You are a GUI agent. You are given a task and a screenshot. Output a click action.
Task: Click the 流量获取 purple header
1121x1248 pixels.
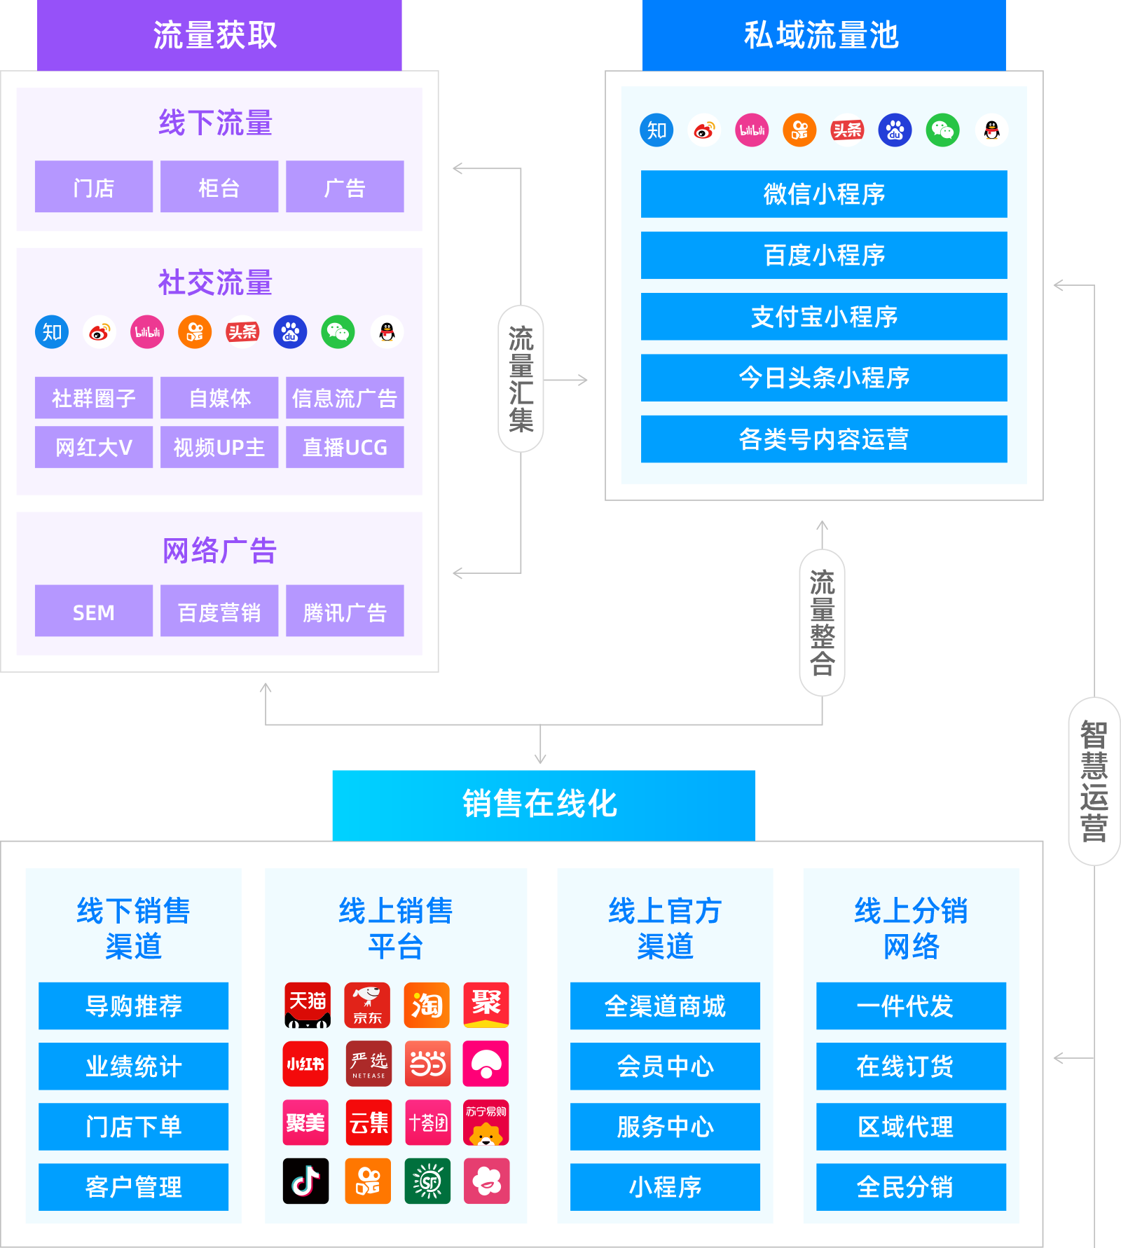pyautogui.click(x=219, y=35)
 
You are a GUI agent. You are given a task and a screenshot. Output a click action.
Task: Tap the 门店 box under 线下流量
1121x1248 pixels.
pyautogui.click(x=94, y=187)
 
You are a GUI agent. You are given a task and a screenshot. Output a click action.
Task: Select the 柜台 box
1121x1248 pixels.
pyautogui.click(x=219, y=187)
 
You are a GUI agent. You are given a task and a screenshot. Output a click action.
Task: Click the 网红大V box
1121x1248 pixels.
pyautogui.click(x=94, y=447)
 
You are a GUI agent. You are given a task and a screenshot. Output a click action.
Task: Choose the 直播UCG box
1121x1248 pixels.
pyautogui.click(x=345, y=447)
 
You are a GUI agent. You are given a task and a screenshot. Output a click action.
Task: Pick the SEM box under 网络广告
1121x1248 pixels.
pyautogui.click(x=94, y=612)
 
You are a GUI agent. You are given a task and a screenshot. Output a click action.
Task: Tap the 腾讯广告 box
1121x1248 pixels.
pyautogui.click(x=345, y=612)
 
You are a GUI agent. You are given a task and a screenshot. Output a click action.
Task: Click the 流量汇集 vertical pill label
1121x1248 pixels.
pyautogui.click(x=521, y=379)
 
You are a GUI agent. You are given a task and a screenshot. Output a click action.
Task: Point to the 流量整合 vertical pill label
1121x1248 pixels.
pyautogui.click(x=822, y=622)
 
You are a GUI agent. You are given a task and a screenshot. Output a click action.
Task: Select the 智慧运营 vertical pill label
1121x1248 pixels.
pyautogui.click(x=1094, y=781)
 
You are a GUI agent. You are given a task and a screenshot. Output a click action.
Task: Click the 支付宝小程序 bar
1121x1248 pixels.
pyautogui.click(x=824, y=317)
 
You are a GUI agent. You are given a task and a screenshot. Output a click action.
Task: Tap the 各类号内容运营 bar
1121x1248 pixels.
pyautogui.click(x=824, y=439)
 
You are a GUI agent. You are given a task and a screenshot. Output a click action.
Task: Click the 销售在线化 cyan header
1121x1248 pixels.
pyautogui.click(x=544, y=804)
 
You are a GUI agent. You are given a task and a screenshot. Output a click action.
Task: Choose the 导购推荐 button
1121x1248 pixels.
pyautogui.click(x=133, y=1006)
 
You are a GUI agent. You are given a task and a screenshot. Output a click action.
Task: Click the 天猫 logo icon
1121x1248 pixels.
pyautogui.click(x=308, y=1005)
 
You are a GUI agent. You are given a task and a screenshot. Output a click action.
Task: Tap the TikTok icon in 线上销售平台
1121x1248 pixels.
pyautogui.click(x=306, y=1181)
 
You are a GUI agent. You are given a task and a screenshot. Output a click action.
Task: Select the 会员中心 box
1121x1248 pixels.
pyautogui.click(x=665, y=1067)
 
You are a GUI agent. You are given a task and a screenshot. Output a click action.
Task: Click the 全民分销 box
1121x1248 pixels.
pyautogui.click(x=911, y=1187)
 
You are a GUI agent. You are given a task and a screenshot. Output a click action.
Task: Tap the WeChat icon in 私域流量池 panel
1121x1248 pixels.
pyautogui.click(x=943, y=130)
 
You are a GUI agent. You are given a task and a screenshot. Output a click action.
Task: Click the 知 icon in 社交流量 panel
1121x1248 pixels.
pyautogui.click(x=53, y=332)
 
